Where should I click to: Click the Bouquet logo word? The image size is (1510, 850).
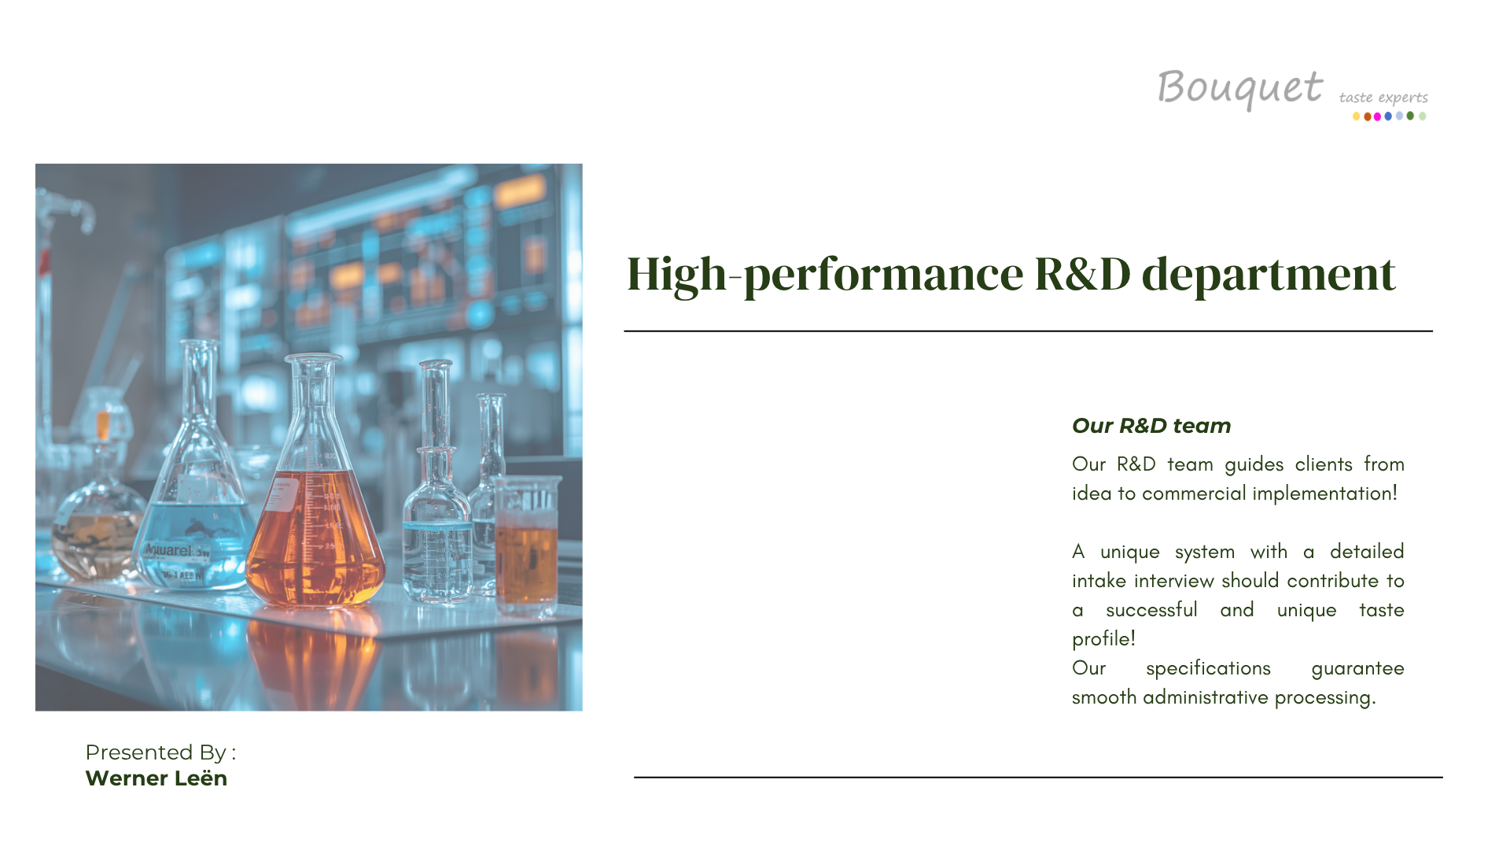pos(1239,88)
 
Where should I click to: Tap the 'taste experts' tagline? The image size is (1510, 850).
pos(1383,98)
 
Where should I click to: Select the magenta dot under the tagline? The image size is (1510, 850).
pos(1377,116)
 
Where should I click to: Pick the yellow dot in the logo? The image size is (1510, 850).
pos(1356,116)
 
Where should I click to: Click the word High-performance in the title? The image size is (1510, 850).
pos(825,275)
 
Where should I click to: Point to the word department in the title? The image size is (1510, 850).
pos(1269,275)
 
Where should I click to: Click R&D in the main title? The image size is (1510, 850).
pos(1082,274)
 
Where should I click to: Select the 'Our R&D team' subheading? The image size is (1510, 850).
pos(1151,426)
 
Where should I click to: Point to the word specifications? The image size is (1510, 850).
pos(1208,669)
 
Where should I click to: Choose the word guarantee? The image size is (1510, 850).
pos(1357,669)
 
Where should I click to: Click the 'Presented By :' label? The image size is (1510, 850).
pos(160,752)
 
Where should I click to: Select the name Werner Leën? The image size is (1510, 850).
pos(156,778)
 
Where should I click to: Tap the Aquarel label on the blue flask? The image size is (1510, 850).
pos(176,550)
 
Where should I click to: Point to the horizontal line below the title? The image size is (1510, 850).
pos(1028,331)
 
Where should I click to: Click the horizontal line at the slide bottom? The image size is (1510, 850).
pos(1038,778)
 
